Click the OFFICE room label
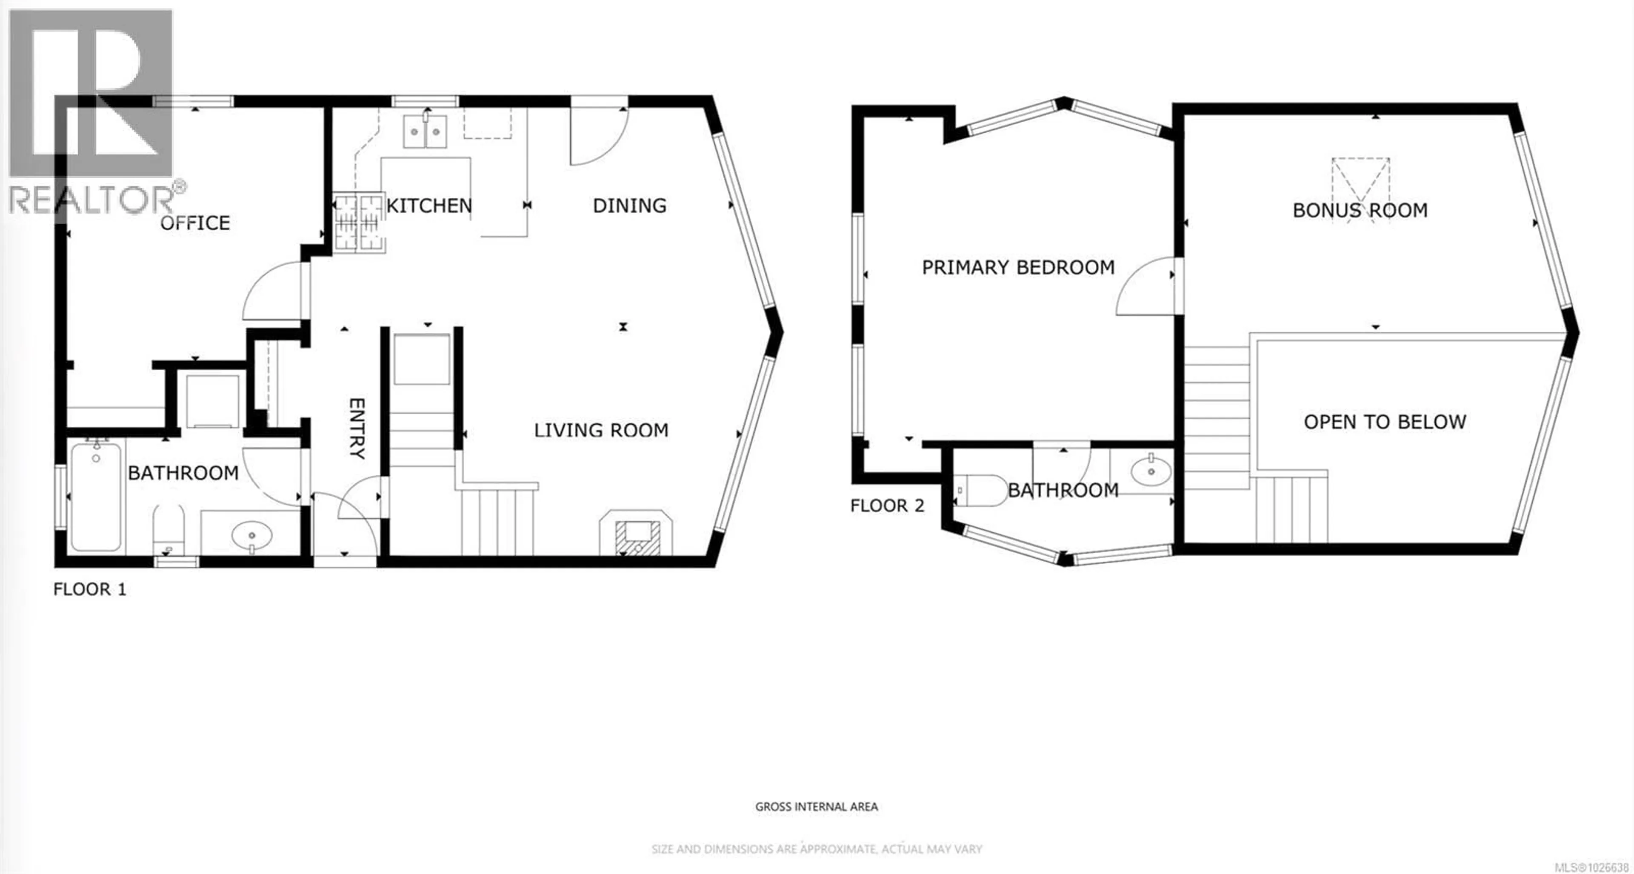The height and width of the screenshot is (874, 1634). (195, 223)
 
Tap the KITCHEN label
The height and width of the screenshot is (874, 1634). (429, 206)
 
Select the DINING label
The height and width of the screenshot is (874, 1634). (629, 206)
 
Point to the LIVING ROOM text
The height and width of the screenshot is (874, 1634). (601, 430)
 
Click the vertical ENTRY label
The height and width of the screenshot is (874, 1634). (357, 428)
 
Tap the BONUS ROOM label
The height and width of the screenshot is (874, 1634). (1360, 210)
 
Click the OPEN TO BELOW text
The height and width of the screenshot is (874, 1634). (1385, 422)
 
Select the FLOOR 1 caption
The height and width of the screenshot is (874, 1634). (89, 589)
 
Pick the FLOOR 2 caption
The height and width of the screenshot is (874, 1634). (887, 506)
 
